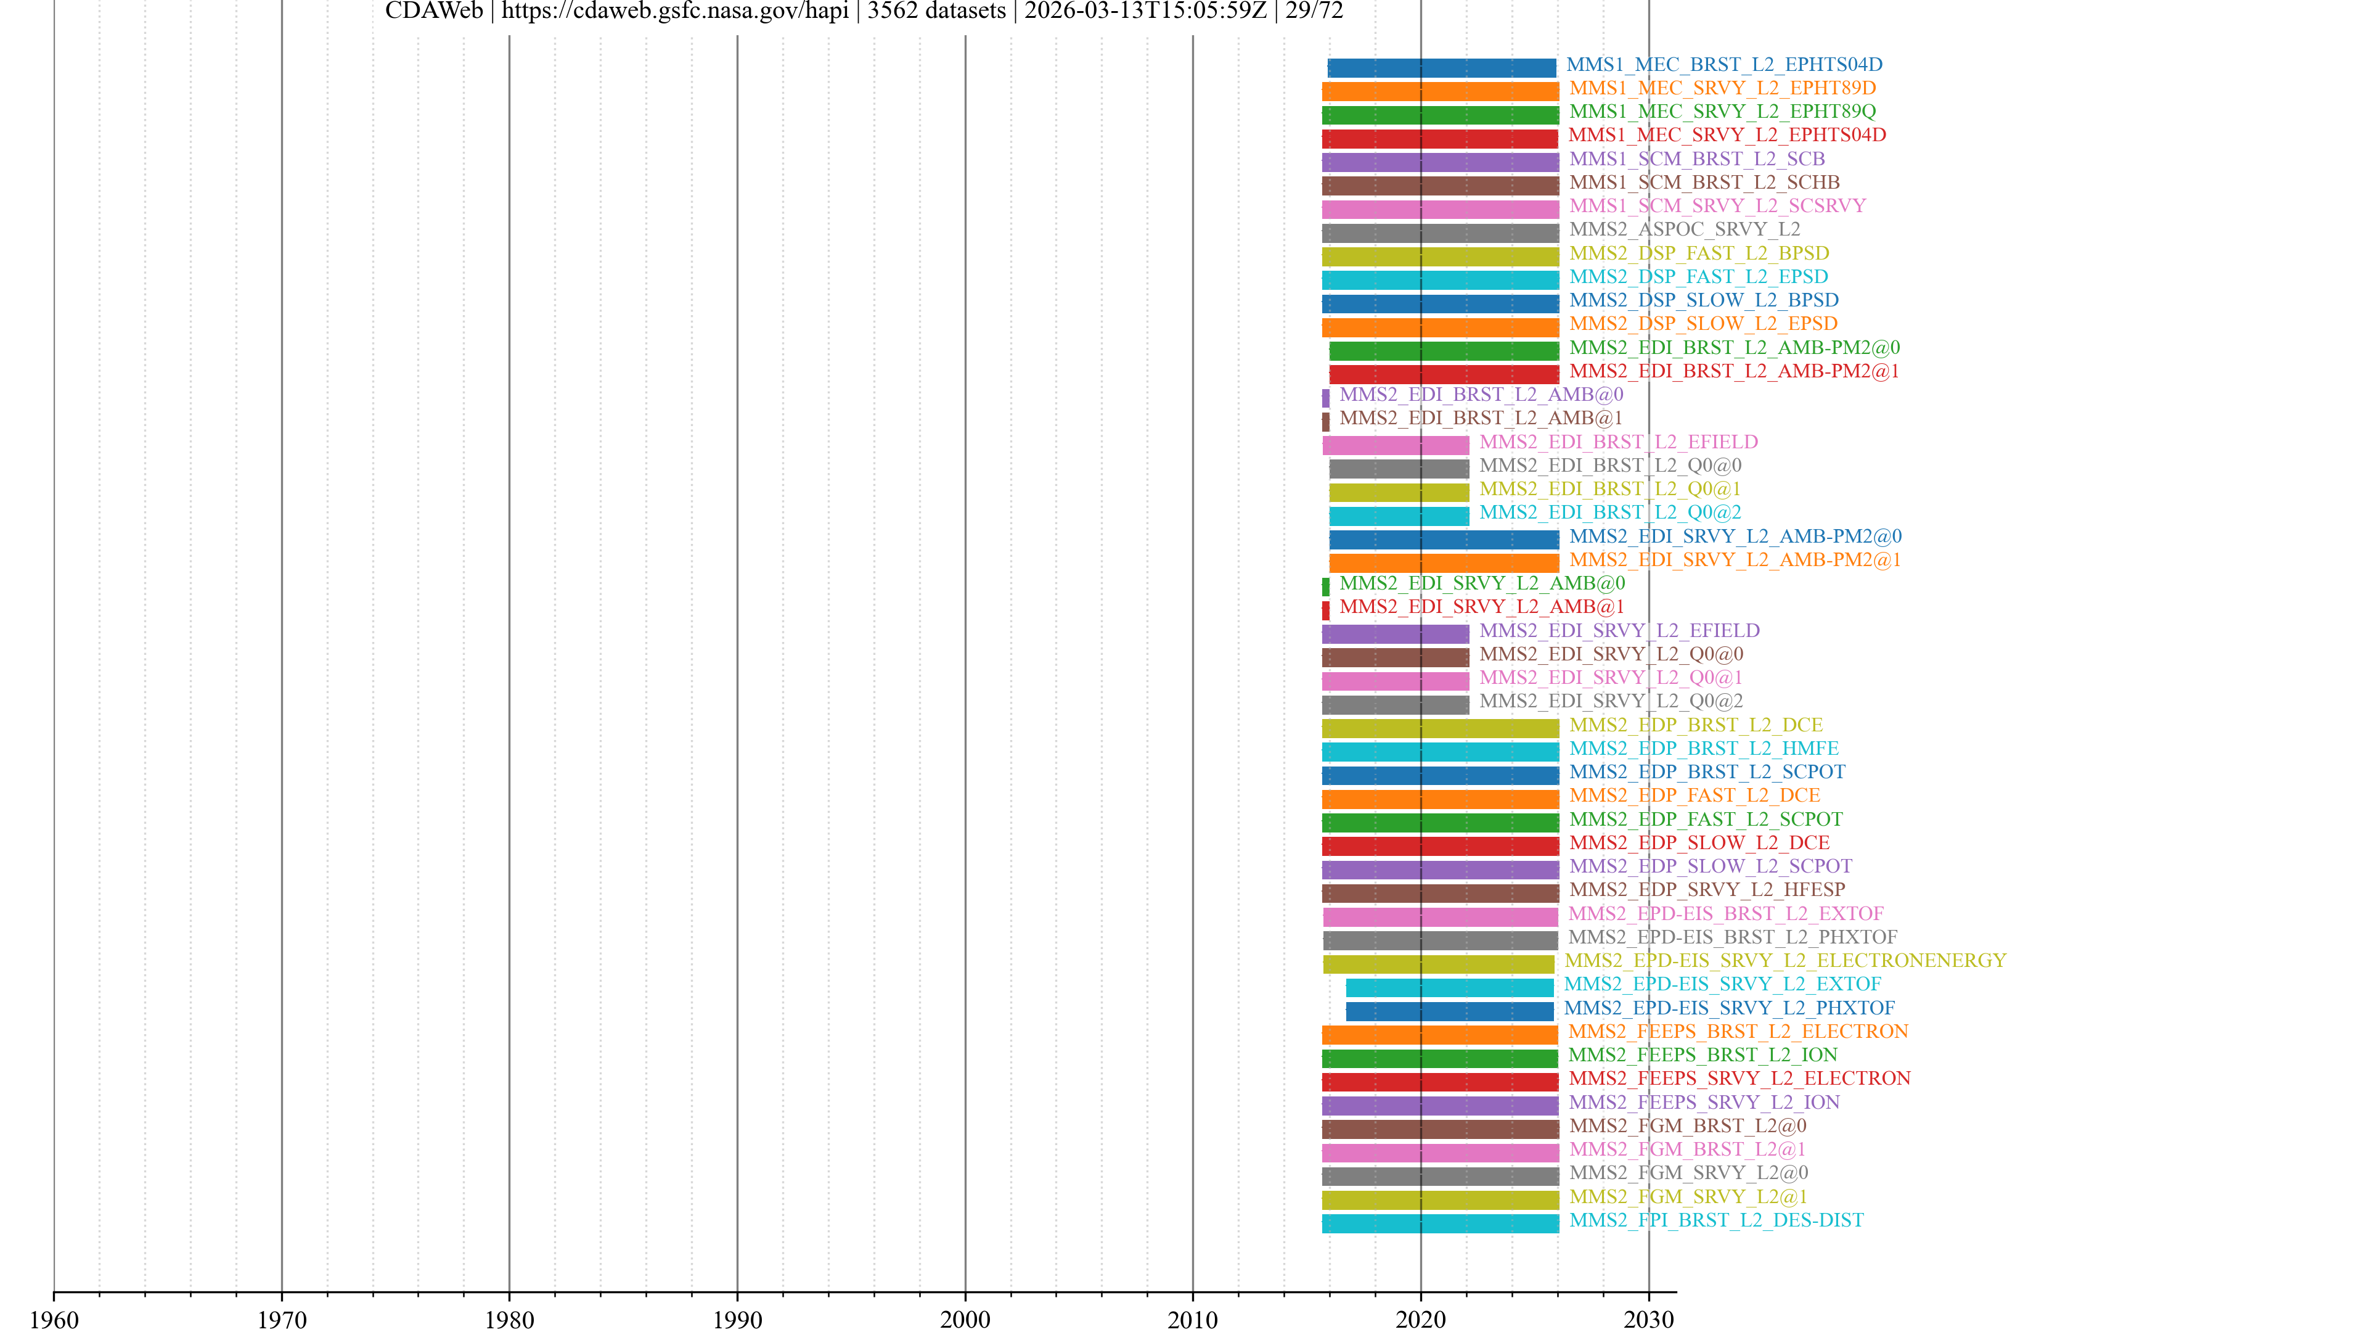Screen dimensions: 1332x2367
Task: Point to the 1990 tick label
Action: [737, 1319]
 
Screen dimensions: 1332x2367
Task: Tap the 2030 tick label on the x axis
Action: [1648, 1319]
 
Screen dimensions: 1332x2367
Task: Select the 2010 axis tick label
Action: [1193, 1319]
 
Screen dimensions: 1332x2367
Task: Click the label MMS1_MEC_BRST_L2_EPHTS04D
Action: [1724, 64]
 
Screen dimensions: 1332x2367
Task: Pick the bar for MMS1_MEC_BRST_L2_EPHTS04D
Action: [1442, 68]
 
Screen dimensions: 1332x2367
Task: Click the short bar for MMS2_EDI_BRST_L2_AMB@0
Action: [1325, 398]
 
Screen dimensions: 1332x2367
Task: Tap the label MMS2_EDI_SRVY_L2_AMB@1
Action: [1481, 607]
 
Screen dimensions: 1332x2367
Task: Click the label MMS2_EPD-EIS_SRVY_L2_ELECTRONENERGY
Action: [1784, 961]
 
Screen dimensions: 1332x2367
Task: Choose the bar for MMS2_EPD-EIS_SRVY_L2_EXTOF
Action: [1449, 987]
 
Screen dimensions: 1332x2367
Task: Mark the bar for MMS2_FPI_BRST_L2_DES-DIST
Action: [1440, 1223]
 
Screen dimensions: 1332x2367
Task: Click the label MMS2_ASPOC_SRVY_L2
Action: [1684, 229]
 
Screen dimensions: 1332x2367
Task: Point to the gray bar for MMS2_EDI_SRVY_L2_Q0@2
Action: [1395, 705]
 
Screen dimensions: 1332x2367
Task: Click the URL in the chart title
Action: [674, 11]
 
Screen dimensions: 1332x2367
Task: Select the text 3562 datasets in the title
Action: [936, 11]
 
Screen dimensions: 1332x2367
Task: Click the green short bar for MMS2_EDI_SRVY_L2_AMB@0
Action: [1325, 586]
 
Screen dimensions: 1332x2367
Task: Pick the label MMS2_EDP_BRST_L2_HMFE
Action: [1704, 748]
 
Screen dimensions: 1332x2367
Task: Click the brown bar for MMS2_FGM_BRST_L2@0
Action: [1440, 1129]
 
